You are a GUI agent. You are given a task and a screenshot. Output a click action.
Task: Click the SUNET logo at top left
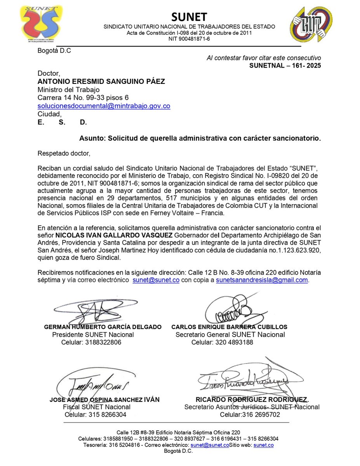(x=41, y=24)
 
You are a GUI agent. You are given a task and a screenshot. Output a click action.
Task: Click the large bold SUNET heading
(x=190, y=16)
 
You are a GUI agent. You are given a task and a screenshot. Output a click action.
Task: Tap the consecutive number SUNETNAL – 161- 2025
(x=285, y=66)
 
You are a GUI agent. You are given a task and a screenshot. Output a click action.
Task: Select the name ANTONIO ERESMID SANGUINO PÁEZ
(x=101, y=82)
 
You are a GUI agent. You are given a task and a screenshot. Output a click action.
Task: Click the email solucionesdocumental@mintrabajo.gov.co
(x=104, y=106)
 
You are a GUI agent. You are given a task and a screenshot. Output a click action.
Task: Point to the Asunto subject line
(x=200, y=138)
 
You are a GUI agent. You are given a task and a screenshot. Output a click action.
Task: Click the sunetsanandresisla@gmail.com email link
(x=262, y=280)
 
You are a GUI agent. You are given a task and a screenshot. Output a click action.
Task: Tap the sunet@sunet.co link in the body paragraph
(x=156, y=280)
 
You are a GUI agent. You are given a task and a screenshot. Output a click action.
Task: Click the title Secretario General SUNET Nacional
(x=230, y=334)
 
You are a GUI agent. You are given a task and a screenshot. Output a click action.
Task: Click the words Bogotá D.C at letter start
(x=54, y=50)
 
